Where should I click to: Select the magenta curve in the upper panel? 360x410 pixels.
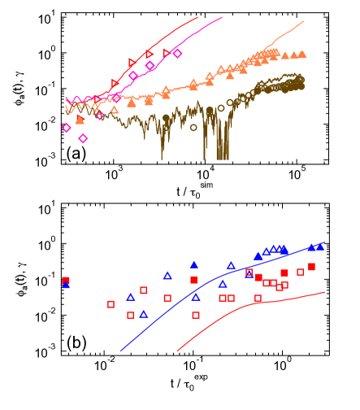(195, 32)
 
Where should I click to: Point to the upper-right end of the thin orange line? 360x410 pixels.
(304, 22)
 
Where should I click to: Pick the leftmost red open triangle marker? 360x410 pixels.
(115, 83)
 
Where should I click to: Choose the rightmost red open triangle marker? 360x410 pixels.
(167, 53)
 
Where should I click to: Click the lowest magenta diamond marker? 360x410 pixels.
(83, 138)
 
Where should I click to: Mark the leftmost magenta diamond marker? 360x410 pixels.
(67, 128)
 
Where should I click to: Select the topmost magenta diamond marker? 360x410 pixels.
(177, 54)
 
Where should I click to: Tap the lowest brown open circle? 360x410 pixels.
(193, 127)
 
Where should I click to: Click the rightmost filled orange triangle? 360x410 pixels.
(302, 55)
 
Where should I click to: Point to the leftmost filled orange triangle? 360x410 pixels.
(80, 120)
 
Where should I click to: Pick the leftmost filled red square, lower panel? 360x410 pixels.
(66, 281)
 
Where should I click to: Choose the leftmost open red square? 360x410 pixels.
(111, 304)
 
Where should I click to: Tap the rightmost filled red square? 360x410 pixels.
(311, 267)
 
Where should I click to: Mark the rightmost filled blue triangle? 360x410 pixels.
(320, 246)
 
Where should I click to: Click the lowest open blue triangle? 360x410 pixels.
(144, 314)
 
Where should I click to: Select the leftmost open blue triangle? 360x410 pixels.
(130, 297)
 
